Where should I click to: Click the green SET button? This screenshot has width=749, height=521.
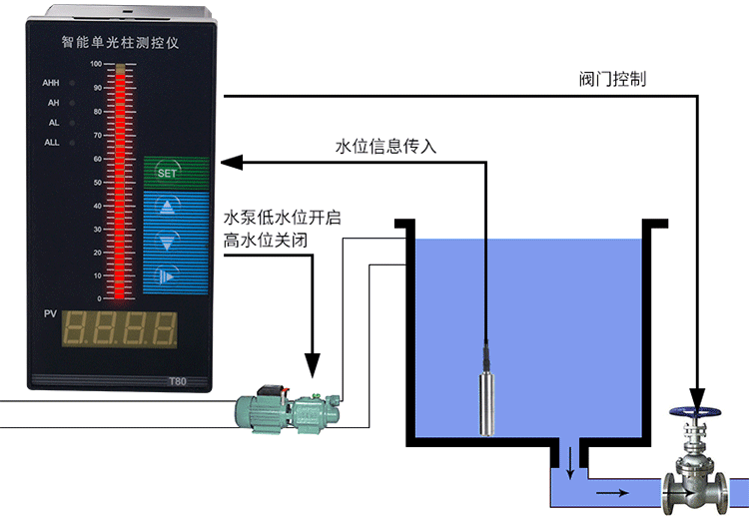coord(167,173)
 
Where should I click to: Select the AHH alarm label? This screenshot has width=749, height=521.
coord(51,83)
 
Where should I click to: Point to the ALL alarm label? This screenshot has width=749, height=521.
coord(52,143)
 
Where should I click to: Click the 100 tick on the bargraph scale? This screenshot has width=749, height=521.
coord(96,64)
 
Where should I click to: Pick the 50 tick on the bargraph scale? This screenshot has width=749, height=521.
coord(97,183)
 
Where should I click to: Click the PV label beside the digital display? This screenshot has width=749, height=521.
coord(50,315)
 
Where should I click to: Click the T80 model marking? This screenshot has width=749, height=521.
coord(177,381)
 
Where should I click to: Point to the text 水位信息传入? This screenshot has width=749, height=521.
coord(385,146)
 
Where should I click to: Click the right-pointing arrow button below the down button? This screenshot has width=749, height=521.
coord(167,275)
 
